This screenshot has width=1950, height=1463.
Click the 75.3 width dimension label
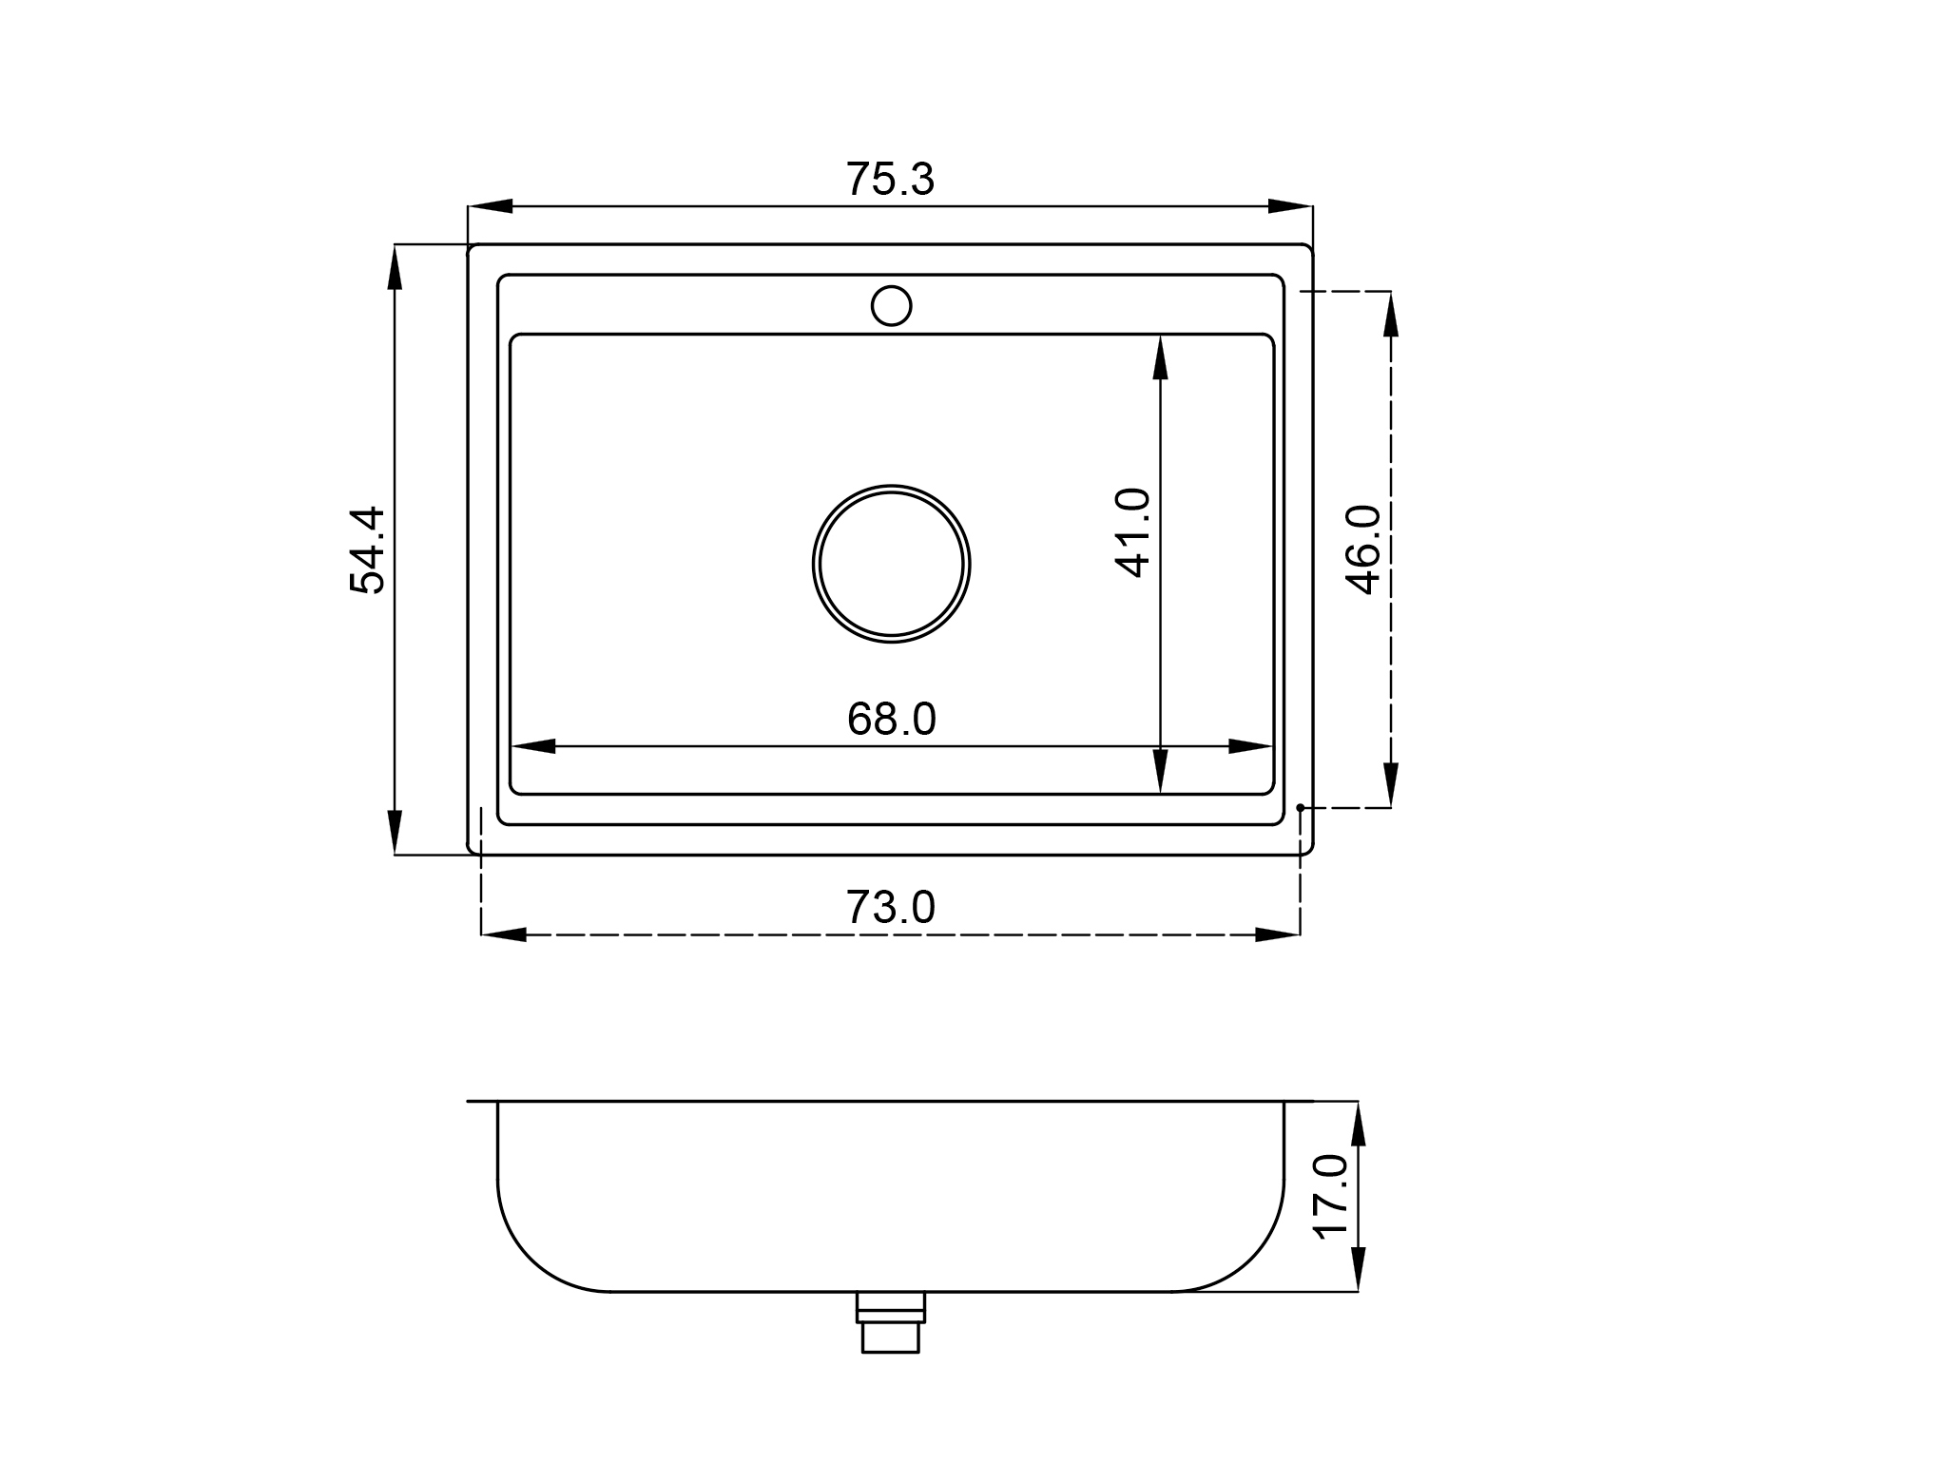pyautogui.click(x=890, y=180)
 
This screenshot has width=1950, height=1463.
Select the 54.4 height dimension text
pyautogui.click(x=367, y=549)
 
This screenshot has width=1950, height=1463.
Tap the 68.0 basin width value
pyautogui.click(x=891, y=720)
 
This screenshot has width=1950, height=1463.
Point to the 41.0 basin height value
pyautogui.click(x=1132, y=532)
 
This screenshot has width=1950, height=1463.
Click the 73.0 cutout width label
pyautogui.click(x=890, y=908)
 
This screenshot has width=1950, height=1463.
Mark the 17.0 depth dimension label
pyautogui.click(x=1331, y=1197)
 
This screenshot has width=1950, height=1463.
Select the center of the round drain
pyautogui.click(x=892, y=564)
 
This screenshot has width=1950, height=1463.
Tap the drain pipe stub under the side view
pyautogui.click(x=891, y=1321)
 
